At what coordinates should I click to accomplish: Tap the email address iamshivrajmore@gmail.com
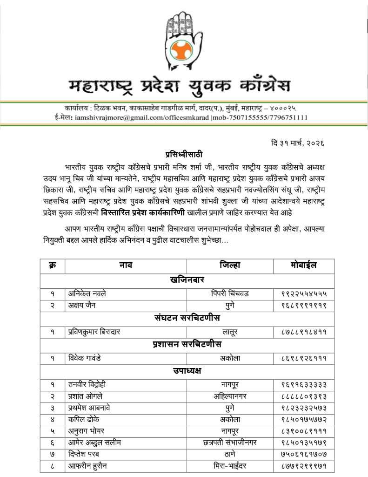tap(111, 117)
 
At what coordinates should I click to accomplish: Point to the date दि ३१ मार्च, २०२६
tap(297, 143)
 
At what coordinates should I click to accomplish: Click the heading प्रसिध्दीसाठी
tap(184, 154)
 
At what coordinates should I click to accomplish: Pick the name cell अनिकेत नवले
tap(87, 293)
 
